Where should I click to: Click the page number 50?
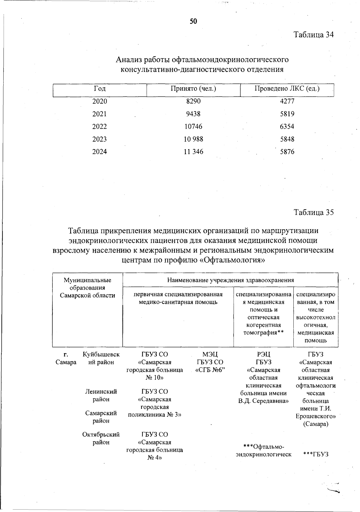tap(193, 21)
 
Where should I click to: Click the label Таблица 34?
tap(313, 34)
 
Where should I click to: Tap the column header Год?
tap(100, 89)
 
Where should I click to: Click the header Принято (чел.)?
tap(193, 89)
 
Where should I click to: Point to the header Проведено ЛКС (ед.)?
tap(287, 89)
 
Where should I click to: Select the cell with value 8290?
tap(193, 101)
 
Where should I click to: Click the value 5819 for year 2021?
tap(287, 114)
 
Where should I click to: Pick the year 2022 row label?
tap(100, 127)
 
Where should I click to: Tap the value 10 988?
tap(193, 139)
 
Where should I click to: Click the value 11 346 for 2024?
tap(193, 152)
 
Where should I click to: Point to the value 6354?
tap(287, 127)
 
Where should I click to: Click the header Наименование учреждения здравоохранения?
tap(230, 280)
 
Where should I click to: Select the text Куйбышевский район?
tap(101, 358)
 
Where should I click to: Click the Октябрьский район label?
tap(101, 438)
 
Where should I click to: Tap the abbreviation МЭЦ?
tap(210, 355)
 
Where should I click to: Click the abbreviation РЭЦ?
tap(263, 355)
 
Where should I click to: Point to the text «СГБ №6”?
tap(210, 370)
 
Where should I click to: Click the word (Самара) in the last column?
tap(316, 424)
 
